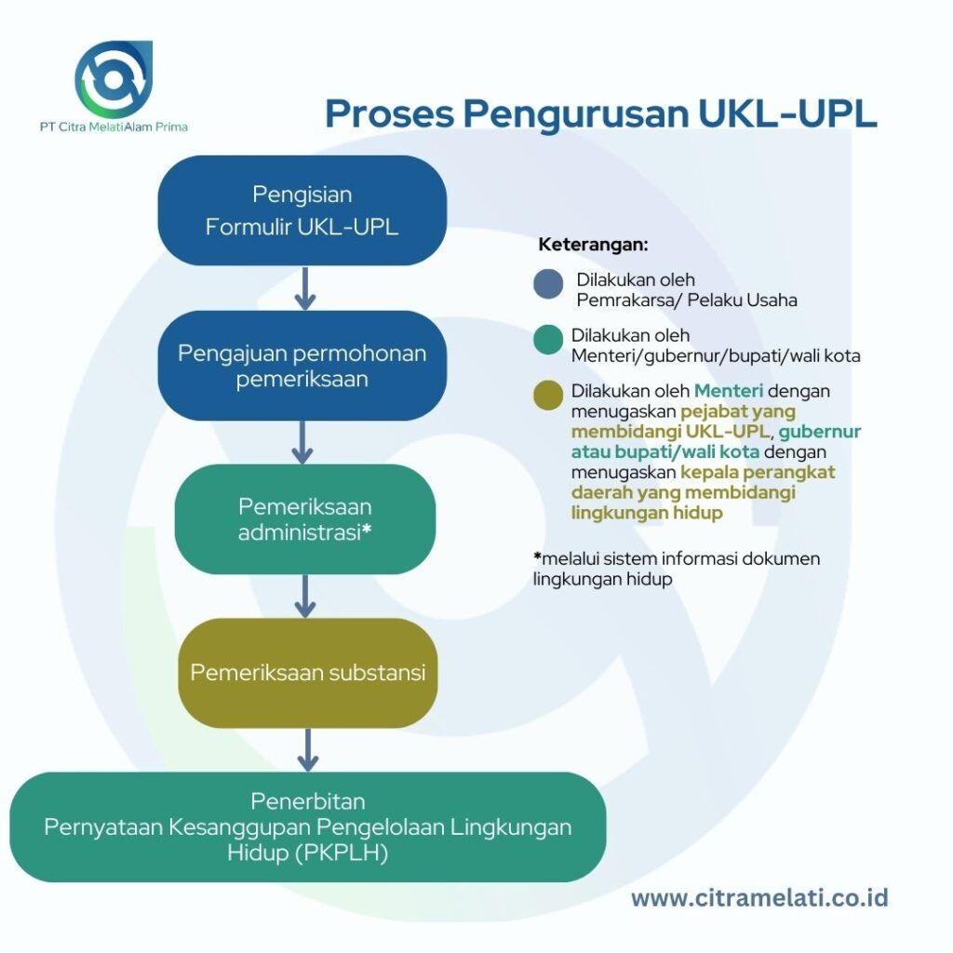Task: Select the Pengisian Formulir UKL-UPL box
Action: click(302, 210)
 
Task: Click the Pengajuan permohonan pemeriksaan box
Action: click(302, 366)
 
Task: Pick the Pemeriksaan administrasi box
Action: click(304, 519)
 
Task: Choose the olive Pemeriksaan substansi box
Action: click(308, 673)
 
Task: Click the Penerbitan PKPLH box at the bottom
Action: click(308, 827)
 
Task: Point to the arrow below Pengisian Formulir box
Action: click(303, 289)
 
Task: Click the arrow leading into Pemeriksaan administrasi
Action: click(302, 442)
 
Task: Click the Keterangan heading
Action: click(593, 246)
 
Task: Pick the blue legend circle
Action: click(548, 285)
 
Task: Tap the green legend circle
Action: click(548, 340)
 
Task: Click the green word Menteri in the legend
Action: click(728, 391)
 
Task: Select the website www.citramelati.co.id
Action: click(759, 898)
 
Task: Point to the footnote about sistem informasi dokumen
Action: click(677, 568)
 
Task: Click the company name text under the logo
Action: click(114, 127)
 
